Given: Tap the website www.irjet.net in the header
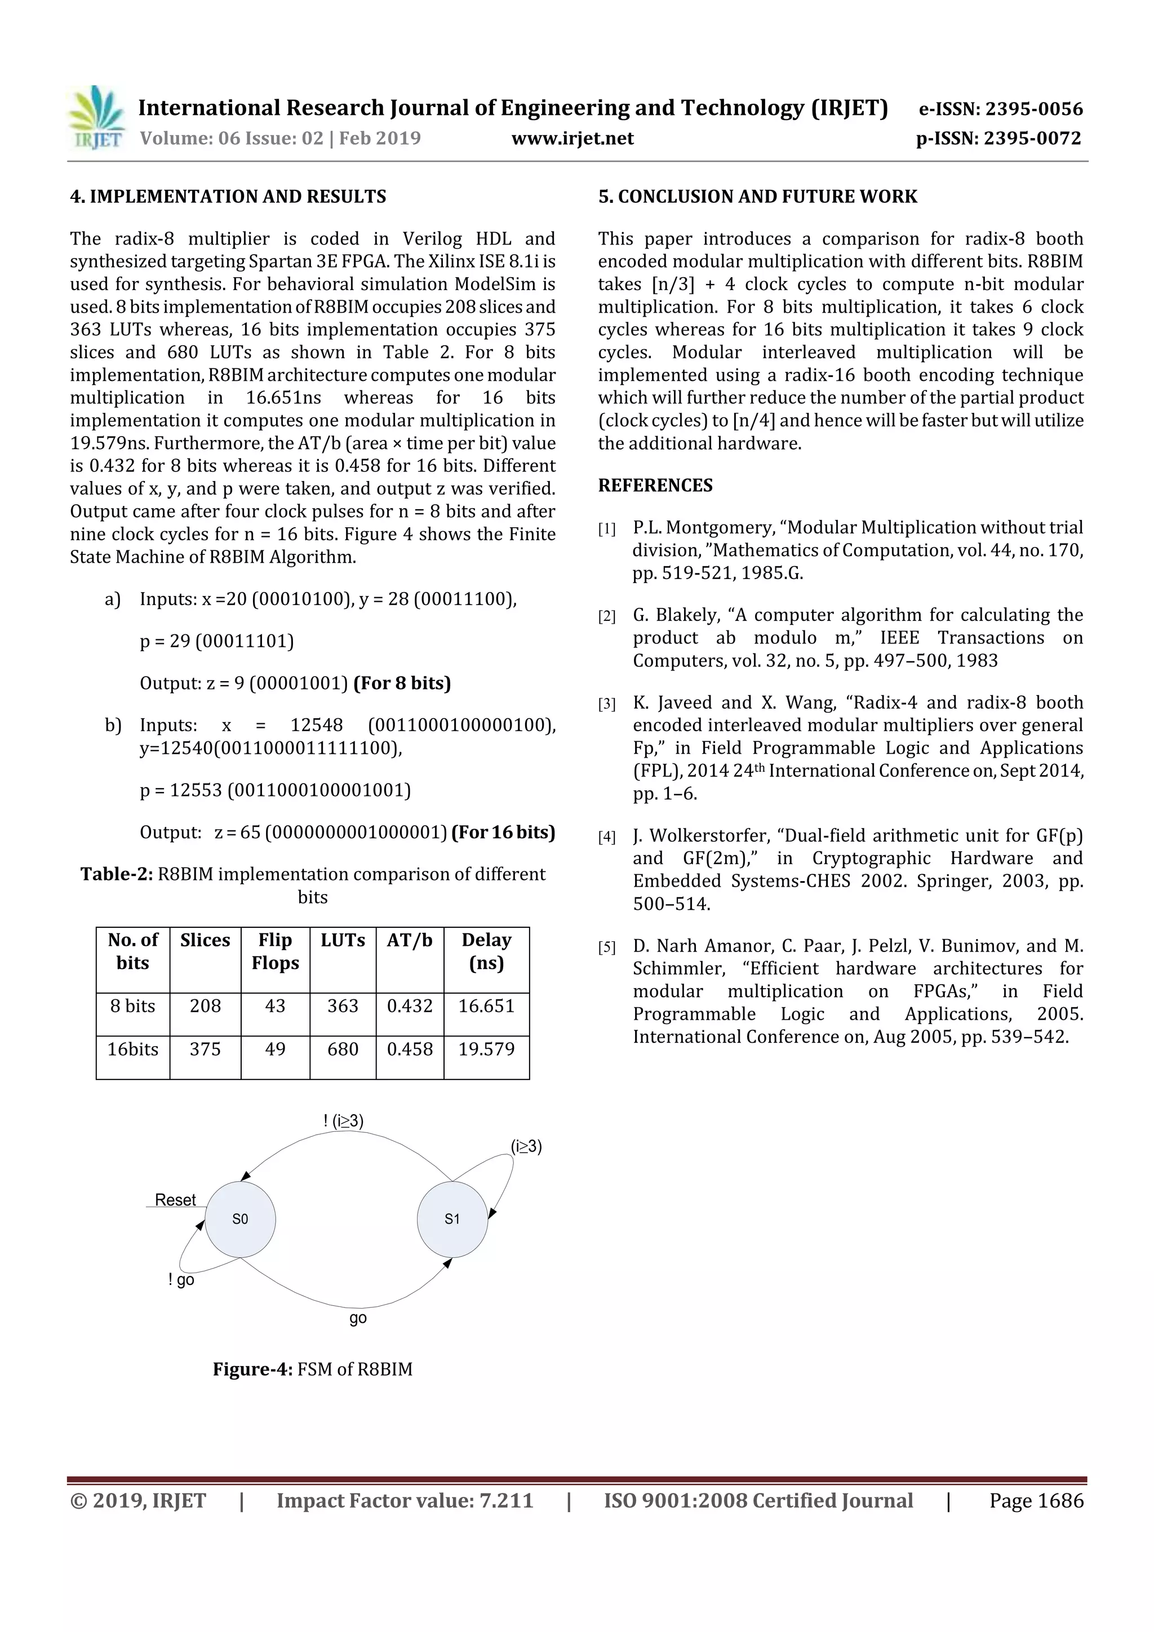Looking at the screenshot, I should pos(572,138).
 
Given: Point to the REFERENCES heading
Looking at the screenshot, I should pos(655,486).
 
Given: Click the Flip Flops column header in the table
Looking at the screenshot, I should pos(275,951).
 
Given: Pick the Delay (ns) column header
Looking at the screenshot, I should pos(486,951).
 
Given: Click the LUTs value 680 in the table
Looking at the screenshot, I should pos(343,1049).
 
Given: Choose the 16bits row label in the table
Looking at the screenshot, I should pos(133,1049).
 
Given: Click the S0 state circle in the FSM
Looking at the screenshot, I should pos(241,1219).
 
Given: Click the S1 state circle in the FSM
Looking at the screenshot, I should pos(452,1219).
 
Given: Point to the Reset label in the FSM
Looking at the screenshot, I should pos(175,1200).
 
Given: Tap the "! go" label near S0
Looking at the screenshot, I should pos(181,1280).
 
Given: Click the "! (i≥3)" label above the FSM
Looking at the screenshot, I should pos(343,1121).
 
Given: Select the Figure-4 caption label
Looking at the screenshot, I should pos(252,1369).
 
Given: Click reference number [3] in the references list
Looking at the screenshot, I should pos(606,704).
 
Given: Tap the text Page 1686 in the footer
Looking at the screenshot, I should pos(1036,1501).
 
